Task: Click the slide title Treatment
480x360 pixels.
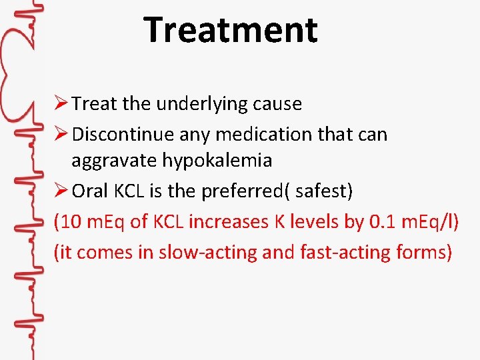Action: (230, 30)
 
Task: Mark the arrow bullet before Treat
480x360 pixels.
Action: (61, 104)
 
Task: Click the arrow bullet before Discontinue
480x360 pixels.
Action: (61, 134)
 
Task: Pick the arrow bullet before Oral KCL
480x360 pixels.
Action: (61, 191)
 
